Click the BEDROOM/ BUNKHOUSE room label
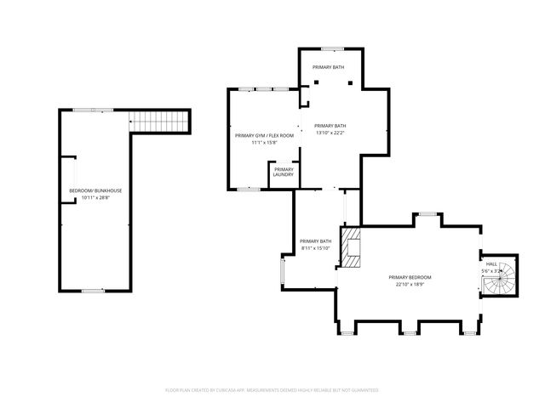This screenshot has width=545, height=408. tap(95, 190)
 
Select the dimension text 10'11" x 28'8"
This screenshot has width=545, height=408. tap(95, 198)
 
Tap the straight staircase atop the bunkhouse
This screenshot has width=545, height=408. tap(159, 124)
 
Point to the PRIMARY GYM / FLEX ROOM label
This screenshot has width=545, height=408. tap(264, 135)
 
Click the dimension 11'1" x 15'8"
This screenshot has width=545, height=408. tap(264, 143)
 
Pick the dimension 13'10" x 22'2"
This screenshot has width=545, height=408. tap(330, 133)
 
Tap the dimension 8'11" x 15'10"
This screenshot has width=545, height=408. tap(315, 249)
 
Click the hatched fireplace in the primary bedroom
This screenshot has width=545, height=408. tap(351, 246)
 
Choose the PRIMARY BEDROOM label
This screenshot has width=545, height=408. tap(410, 278)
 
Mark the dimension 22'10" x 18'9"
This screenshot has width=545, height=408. tap(410, 286)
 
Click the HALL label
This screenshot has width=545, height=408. tap(491, 264)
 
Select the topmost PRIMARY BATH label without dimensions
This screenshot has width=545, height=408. tap(328, 66)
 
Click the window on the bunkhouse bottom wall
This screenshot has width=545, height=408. tap(93, 291)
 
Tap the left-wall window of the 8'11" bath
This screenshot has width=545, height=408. tap(283, 272)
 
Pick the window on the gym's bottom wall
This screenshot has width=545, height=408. tap(248, 189)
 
